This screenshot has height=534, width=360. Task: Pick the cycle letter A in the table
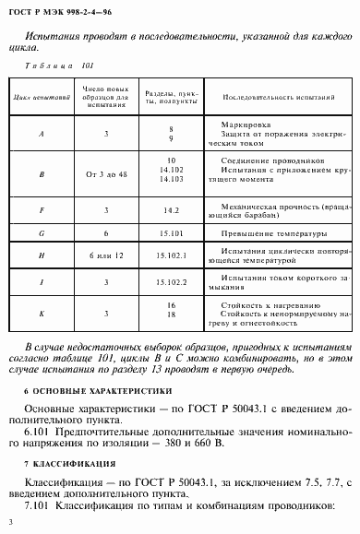coord(42,135)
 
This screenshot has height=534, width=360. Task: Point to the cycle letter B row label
coord(42,172)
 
